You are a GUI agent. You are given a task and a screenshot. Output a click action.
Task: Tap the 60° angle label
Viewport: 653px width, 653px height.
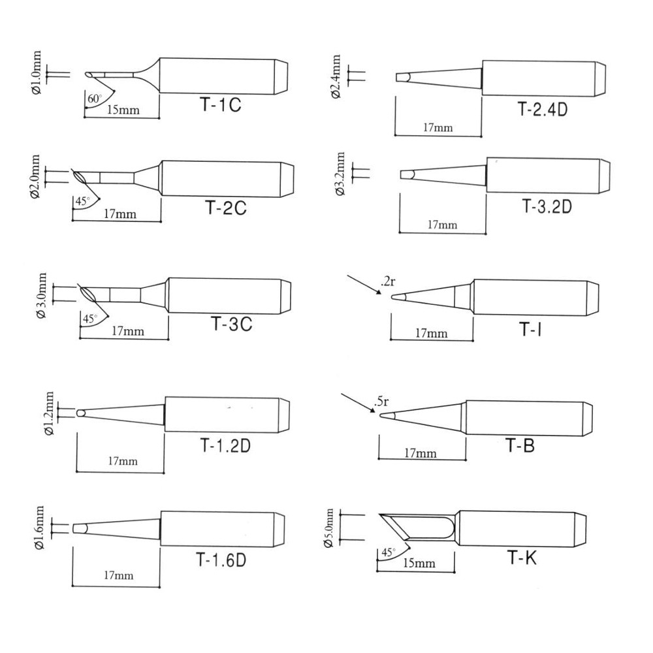[x=95, y=99]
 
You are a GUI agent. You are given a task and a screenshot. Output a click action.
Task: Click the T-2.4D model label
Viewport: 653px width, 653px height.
[x=543, y=109]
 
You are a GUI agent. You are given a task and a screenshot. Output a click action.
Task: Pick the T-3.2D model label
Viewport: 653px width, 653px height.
[x=547, y=206]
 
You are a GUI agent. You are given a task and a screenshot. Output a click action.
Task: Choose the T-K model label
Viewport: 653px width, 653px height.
[x=522, y=558]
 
